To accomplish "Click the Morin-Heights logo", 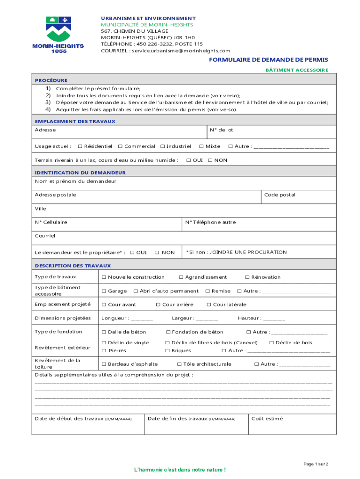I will click(58, 34).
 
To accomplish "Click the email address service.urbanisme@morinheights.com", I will click(180, 51).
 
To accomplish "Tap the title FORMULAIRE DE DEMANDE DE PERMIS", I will click(268, 60).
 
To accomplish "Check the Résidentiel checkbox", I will click(80, 146).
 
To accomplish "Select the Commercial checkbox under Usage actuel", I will click(120, 146).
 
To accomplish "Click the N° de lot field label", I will click(221, 130).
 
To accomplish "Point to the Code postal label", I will click(279, 195).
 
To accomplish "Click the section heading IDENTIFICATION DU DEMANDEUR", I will click(80, 173).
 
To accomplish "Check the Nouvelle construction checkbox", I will click(104, 277).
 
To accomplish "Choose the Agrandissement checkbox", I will click(181, 277).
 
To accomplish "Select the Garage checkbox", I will click(104, 291).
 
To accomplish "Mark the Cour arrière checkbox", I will click(158, 305).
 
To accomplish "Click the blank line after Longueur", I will click(142, 319).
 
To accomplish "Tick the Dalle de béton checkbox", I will click(104, 332).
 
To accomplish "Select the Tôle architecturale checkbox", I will click(179, 364).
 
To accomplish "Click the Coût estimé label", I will click(267, 419).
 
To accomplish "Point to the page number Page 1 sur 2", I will click(316, 464).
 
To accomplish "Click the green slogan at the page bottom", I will click(180, 470).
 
